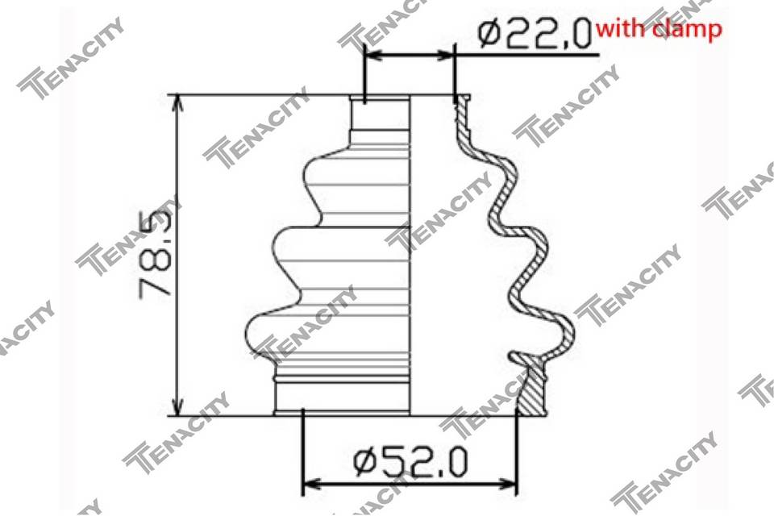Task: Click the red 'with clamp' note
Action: (659, 29)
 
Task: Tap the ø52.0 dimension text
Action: (410, 462)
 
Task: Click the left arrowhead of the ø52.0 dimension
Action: (311, 482)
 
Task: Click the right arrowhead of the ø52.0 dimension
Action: (506, 482)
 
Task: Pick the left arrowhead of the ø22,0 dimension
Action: (373, 54)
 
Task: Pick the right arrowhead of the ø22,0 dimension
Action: (444, 54)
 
